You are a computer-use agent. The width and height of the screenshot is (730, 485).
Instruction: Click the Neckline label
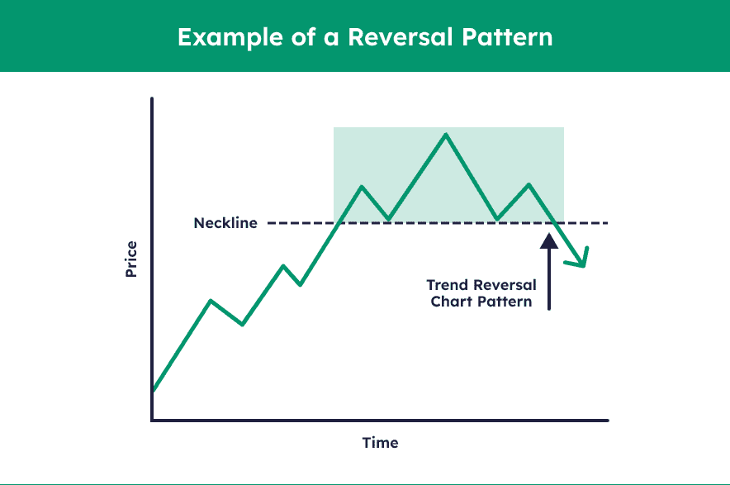[225, 223]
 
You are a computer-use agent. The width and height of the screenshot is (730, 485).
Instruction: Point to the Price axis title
[131, 259]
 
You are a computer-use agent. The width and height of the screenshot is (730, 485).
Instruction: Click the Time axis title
[380, 443]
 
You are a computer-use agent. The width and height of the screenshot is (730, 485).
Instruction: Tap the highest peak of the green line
[446, 134]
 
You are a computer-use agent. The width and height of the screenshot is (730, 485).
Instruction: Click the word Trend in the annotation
[451, 285]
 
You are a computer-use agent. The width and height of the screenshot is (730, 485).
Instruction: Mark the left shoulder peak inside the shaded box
[362, 187]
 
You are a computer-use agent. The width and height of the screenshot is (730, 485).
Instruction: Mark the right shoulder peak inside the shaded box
[529, 184]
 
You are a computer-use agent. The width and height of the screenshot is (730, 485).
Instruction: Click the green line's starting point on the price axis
[153, 390]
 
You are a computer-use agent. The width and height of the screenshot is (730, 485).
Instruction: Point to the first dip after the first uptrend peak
[242, 324]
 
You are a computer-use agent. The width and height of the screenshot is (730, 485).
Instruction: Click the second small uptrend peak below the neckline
[284, 266]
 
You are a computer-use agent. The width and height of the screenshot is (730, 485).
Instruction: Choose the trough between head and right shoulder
[497, 219]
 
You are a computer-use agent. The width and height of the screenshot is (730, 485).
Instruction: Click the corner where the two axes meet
[152, 420]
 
